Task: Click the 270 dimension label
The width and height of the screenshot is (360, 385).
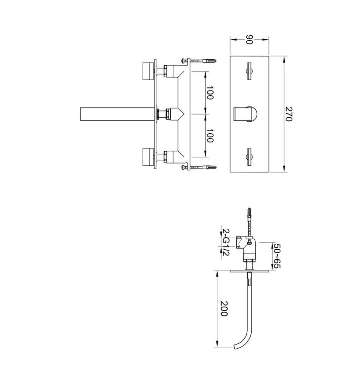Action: [x=288, y=114]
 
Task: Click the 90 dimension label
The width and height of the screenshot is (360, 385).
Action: [x=249, y=40]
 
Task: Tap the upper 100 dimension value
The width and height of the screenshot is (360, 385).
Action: [x=210, y=92]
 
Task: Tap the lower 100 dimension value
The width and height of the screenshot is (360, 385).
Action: [x=210, y=135]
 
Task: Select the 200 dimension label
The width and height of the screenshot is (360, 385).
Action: [x=224, y=309]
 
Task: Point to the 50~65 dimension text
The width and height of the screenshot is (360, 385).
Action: [x=277, y=256]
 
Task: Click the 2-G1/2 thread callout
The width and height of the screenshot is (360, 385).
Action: [x=226, y=242]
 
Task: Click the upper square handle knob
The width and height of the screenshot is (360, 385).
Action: [x=148, y=71]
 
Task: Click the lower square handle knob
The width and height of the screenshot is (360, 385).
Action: [x=148, y=156]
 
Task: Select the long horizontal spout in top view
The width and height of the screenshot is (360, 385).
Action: [x=117, y=114]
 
